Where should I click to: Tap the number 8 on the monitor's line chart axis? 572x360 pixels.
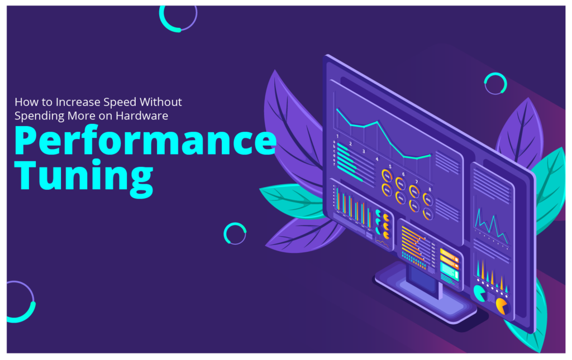[430, 190]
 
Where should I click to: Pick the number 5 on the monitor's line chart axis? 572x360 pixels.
[390, 166]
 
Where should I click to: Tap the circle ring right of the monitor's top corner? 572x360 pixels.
[495, 84]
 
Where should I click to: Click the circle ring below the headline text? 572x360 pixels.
[235, 233]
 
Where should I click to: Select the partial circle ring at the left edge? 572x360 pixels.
[20, 302]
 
